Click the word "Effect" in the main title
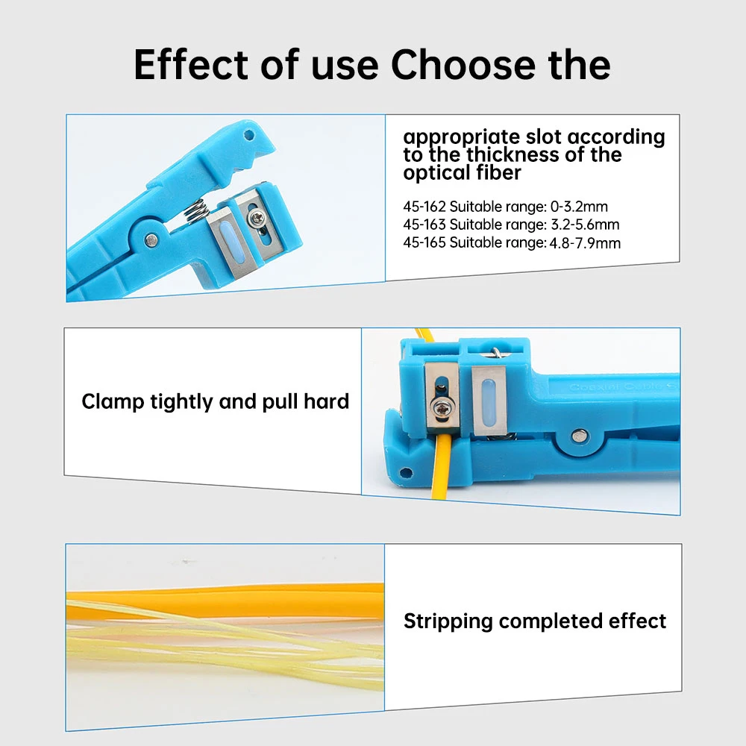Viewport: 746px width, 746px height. (x=190, y=65)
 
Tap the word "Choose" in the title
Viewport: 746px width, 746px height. (x=463, y=65)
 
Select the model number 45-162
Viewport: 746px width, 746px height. (x=424, y=207)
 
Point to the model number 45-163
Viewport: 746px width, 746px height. (x=424, y=225)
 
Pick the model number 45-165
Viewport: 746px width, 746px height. (x=424, y=242)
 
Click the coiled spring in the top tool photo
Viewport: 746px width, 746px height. (x=195, y=211)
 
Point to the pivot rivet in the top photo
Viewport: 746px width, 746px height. (x=151, y=239)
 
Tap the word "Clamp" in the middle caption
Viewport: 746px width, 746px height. (x=113, y=402)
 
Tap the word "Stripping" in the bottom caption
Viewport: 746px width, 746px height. (x=448, y=621)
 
